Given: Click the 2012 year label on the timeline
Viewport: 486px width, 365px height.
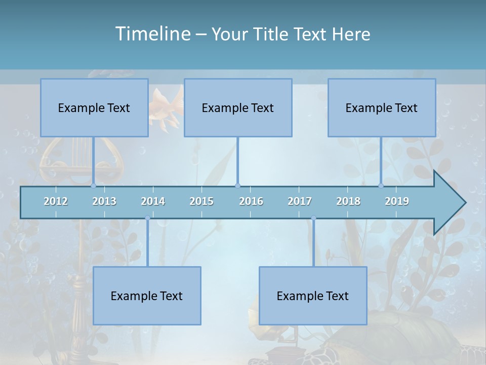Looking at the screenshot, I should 56,201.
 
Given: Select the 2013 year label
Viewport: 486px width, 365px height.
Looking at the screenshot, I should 104,201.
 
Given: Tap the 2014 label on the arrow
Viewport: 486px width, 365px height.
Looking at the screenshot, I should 153,201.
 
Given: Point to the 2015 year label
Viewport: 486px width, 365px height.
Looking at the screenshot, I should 201,201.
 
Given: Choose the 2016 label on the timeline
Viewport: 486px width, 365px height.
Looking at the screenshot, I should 251,201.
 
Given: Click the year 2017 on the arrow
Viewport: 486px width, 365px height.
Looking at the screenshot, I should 300,201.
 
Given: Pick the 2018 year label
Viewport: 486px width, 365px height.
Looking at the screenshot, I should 348,201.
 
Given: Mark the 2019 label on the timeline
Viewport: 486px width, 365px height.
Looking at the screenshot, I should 397,201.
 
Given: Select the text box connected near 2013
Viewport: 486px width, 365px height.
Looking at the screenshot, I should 94,107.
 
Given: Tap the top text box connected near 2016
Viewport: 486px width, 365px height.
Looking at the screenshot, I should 238,107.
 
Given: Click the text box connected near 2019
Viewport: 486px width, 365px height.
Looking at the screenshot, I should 382,107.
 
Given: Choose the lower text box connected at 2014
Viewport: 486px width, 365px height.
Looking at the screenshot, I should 147,296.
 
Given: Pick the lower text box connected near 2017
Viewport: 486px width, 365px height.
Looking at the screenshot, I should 313,296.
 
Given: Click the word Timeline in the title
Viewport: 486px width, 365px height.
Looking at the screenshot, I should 152,34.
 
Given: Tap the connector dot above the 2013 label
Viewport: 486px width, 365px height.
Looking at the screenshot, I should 93,186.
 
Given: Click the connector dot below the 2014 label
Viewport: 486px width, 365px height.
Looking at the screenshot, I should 147,218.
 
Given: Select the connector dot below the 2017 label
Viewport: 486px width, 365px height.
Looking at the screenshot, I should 313,218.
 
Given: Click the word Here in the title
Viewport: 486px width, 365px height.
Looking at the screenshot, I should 351,34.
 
